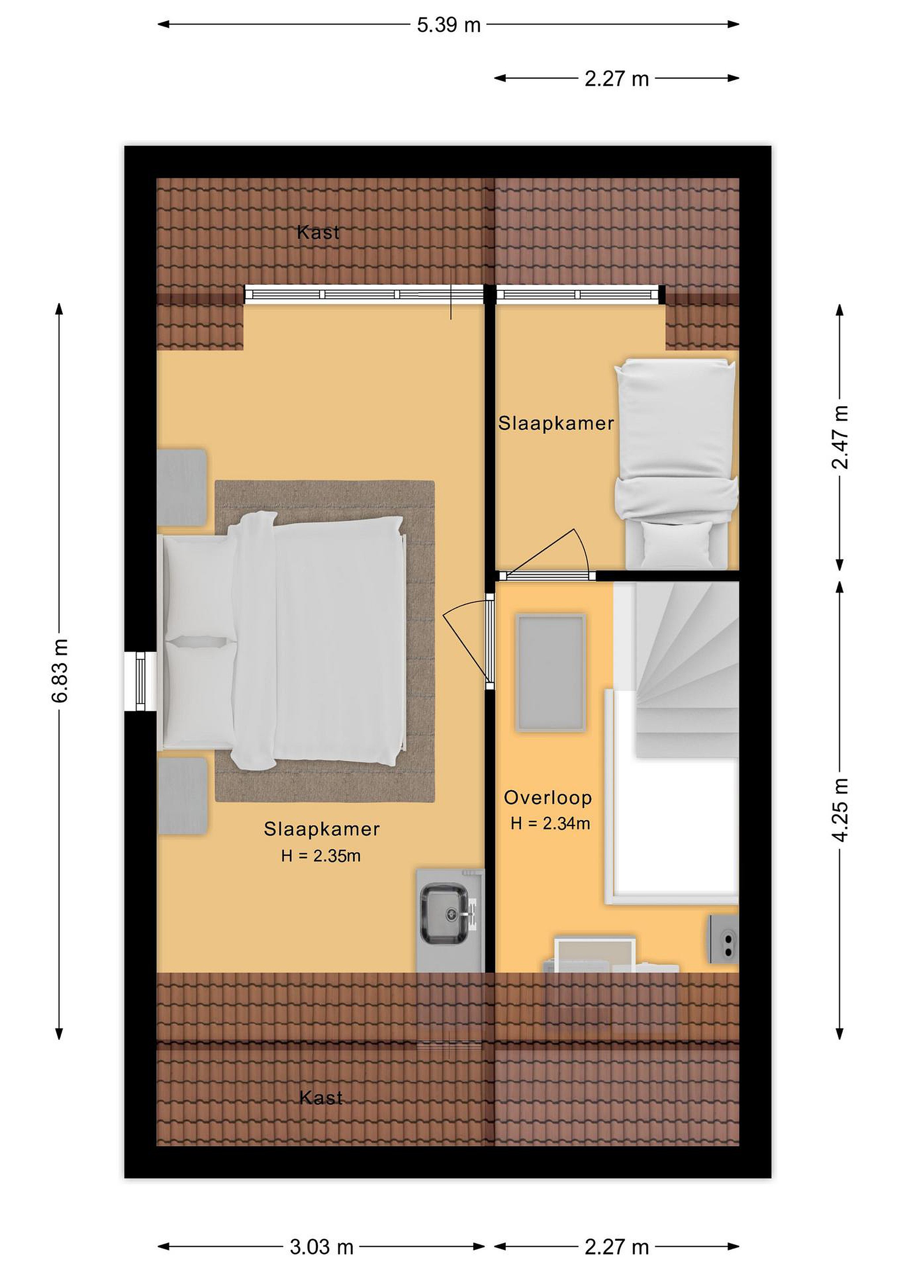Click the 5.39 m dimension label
pyautogui.click(x=448, y=25)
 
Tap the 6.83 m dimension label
pyautogui.click(x=60, y=670)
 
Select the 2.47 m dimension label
pyautogui.click(x=840, y=437)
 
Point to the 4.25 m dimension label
pyautogui.click(x=840, y=810)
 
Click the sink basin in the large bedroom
pyautogui.click(x=444, y=914)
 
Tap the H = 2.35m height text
pyautogui.click(x=321, y=856)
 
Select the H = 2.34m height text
pyautogui.click(x=550, y=824)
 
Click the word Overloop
pyautogui.click(x=548, y=798)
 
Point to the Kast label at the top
pyautogui.click(x=318, y=233)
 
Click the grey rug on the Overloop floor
pyautogui.click(x=551, y=673)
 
